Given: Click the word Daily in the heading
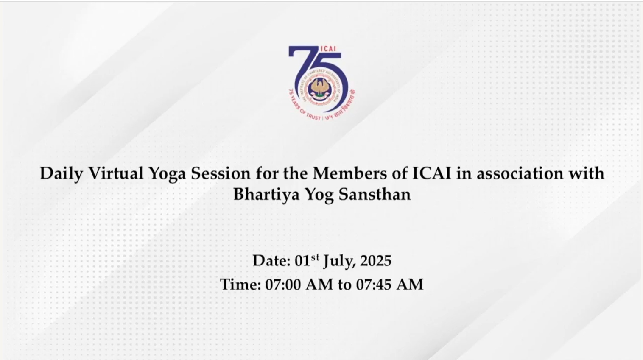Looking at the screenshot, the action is [62, 174].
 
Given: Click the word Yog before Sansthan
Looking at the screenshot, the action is [319, 195].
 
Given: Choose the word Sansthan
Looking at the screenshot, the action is [375, 194].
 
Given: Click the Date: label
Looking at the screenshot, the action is [271, 261].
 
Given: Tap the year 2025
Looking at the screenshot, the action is [375, 261].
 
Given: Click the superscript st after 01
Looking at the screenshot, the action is [315, 257].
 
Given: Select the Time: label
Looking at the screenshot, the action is [240, 285].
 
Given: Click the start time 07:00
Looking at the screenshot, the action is [283, 285].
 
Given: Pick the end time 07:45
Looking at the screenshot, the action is [374, 285].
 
